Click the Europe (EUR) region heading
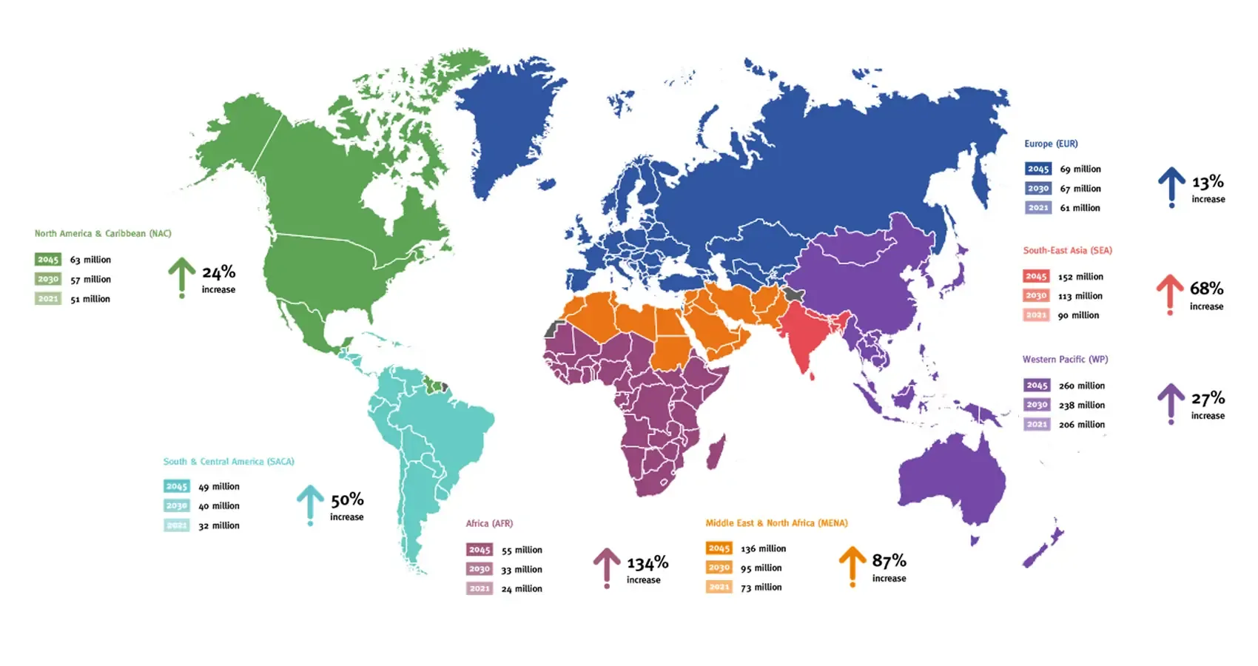coord(1051,144)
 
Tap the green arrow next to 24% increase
coord(181,275)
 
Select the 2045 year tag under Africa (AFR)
coord(479,550)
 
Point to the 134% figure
coord(647,564)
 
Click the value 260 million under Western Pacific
coord(1081,386)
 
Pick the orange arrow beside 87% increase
coord(852,565)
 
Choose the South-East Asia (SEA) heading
coord(1067,250)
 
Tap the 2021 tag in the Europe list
coord(1037,208)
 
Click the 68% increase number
coord(1206,289)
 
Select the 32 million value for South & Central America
coord(218,525)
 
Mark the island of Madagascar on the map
coord(716,451)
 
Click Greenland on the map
coord(503,126)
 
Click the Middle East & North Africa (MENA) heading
coord(776,523)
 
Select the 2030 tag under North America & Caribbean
coord(47,279)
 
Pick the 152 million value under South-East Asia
coord(1080,277)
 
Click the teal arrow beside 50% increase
coord(310,503)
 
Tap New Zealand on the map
coord(1043,548)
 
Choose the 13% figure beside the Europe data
coord(1208,182)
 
